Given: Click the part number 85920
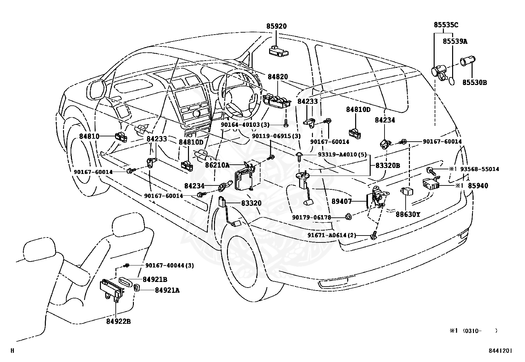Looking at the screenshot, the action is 276,26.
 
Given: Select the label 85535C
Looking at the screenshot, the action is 446,25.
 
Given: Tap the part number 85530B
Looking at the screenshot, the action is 475,82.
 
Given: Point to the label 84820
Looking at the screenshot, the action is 278,76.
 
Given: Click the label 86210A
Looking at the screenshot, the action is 217,165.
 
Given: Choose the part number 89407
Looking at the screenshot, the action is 342,201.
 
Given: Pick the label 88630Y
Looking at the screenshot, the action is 408,214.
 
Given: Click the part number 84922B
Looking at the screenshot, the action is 118,321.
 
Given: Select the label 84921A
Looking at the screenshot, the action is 167,290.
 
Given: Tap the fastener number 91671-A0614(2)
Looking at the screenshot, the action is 332,235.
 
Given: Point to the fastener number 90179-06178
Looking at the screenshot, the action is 312,217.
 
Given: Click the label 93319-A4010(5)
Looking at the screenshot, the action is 342,154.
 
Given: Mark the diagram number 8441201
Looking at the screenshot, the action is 500,351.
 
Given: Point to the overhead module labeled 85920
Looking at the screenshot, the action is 279,51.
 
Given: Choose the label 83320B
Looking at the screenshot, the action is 388,166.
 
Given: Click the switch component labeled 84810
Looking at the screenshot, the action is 121,137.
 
